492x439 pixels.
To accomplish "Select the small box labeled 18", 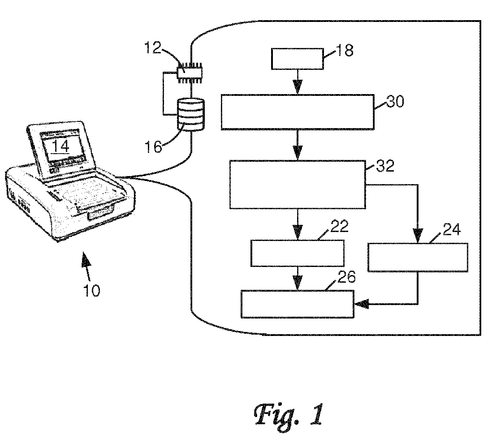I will point(298,58).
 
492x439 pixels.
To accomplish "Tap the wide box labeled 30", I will point(298,112).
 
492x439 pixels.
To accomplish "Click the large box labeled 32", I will point(298,185).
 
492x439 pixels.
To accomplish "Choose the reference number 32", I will point(384,166).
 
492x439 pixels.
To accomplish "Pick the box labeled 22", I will point(298,253).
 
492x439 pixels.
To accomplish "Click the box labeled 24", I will point(418,257).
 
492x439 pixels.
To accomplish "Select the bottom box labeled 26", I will point(298,304).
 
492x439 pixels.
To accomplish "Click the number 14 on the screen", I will point(60,146).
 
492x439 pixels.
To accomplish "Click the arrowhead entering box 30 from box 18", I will point(298,88).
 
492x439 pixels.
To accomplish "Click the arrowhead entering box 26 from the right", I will point(360,305).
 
